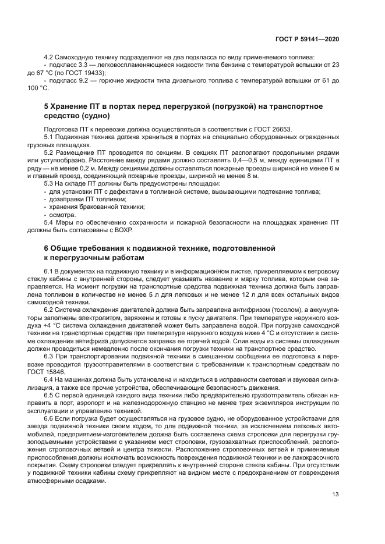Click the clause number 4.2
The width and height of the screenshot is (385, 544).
(48, 57)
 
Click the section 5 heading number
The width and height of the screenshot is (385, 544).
(47, 106)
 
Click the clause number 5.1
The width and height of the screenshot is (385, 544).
(48, 136)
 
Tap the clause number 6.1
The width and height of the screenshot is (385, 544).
(48, 271)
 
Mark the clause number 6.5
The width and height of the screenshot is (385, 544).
(48, 394)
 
